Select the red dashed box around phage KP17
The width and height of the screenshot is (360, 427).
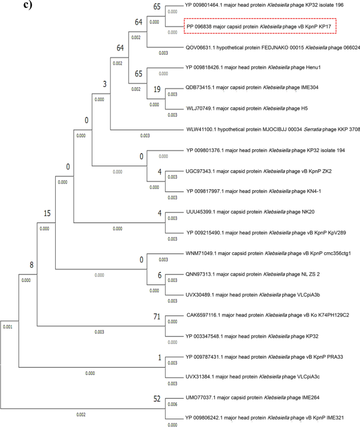pyautogui.click(x=260, y=26)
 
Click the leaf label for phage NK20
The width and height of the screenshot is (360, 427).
pyautogui.click(x=233, y=212)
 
